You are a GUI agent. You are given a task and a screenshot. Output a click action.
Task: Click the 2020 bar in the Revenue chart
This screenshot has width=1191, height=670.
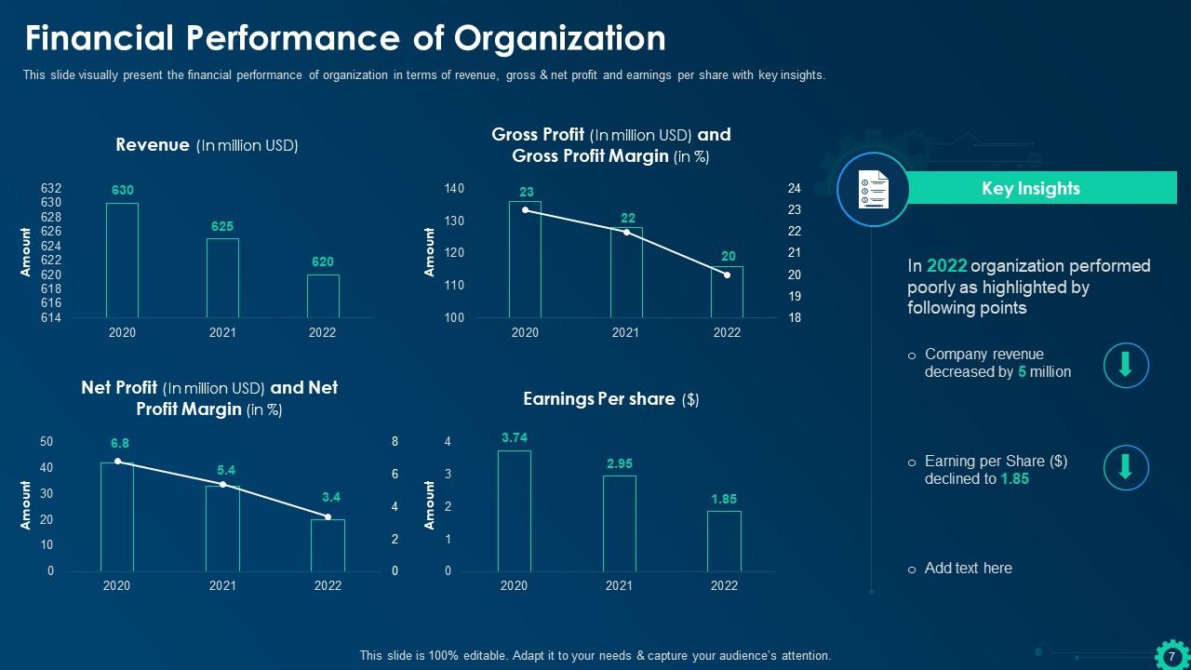122,261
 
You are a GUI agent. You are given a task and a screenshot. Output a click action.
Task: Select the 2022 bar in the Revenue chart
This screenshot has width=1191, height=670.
323,296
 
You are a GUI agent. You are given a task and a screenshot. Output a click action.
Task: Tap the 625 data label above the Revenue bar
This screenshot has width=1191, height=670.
222,226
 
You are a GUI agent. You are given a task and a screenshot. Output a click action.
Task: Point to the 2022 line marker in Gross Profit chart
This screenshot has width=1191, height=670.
727,275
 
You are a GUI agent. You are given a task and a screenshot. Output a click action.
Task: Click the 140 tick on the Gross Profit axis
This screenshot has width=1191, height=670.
454,189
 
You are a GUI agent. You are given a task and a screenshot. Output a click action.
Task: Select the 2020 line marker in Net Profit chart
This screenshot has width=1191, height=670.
117,461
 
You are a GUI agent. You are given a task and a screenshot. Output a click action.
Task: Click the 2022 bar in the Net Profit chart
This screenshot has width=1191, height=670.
328,545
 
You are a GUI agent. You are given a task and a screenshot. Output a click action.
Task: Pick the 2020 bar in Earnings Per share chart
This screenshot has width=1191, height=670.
514,511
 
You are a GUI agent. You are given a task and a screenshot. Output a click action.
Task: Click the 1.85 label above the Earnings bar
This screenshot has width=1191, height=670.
724,499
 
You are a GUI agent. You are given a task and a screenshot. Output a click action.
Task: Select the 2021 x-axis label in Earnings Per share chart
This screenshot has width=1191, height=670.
619,585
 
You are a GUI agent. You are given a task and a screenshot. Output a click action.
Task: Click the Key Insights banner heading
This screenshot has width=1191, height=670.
1031,188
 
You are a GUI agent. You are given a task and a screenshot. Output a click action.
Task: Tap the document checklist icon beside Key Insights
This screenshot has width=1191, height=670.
872,189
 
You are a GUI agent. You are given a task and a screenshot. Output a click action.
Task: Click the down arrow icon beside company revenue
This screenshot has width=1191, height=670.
1126,364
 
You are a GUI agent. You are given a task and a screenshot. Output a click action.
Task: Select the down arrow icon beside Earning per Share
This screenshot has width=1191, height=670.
1126,467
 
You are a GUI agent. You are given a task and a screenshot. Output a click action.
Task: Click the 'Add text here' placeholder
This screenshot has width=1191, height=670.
968,568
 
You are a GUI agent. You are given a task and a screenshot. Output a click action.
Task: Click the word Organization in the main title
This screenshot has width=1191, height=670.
560,38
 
